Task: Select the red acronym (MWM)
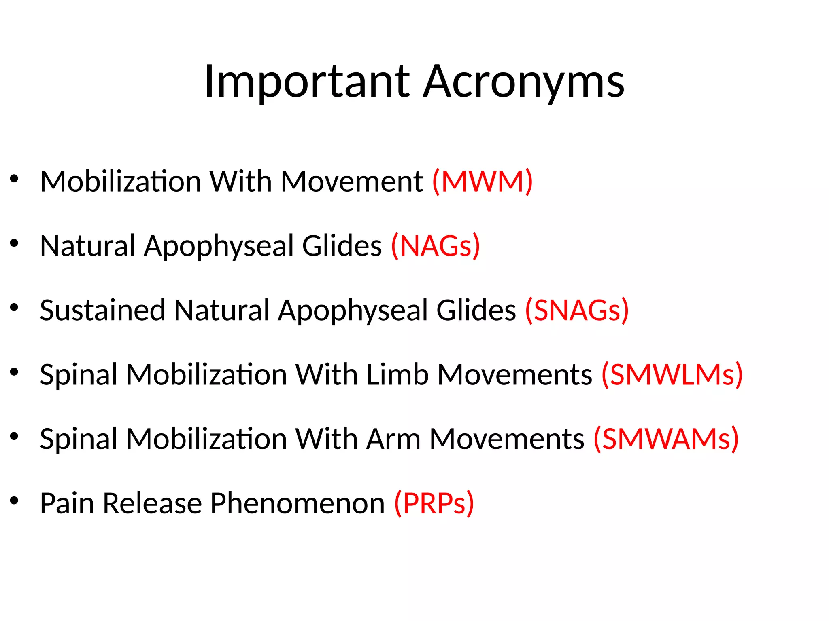tap(483, 182)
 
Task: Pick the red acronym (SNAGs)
tap(577, 310)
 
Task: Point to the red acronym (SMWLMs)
tap(672, 375)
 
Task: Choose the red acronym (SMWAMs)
tap(666, 439)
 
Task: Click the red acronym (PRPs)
tap(434, 503)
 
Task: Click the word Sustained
tap(102, 310)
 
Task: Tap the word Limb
tap(397, 375)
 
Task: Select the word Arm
tap(393, 439)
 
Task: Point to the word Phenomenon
tap(297, 503)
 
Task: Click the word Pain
tap(67, 503)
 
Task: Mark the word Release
tap(152, 503)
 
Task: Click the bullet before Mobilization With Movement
tap(15, 179)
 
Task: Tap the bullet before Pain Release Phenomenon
tap(15, 501)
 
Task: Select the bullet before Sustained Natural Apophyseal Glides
tap(15, 308)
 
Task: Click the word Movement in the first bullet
tap(352, 182)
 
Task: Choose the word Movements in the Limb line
tap(514, 375)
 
